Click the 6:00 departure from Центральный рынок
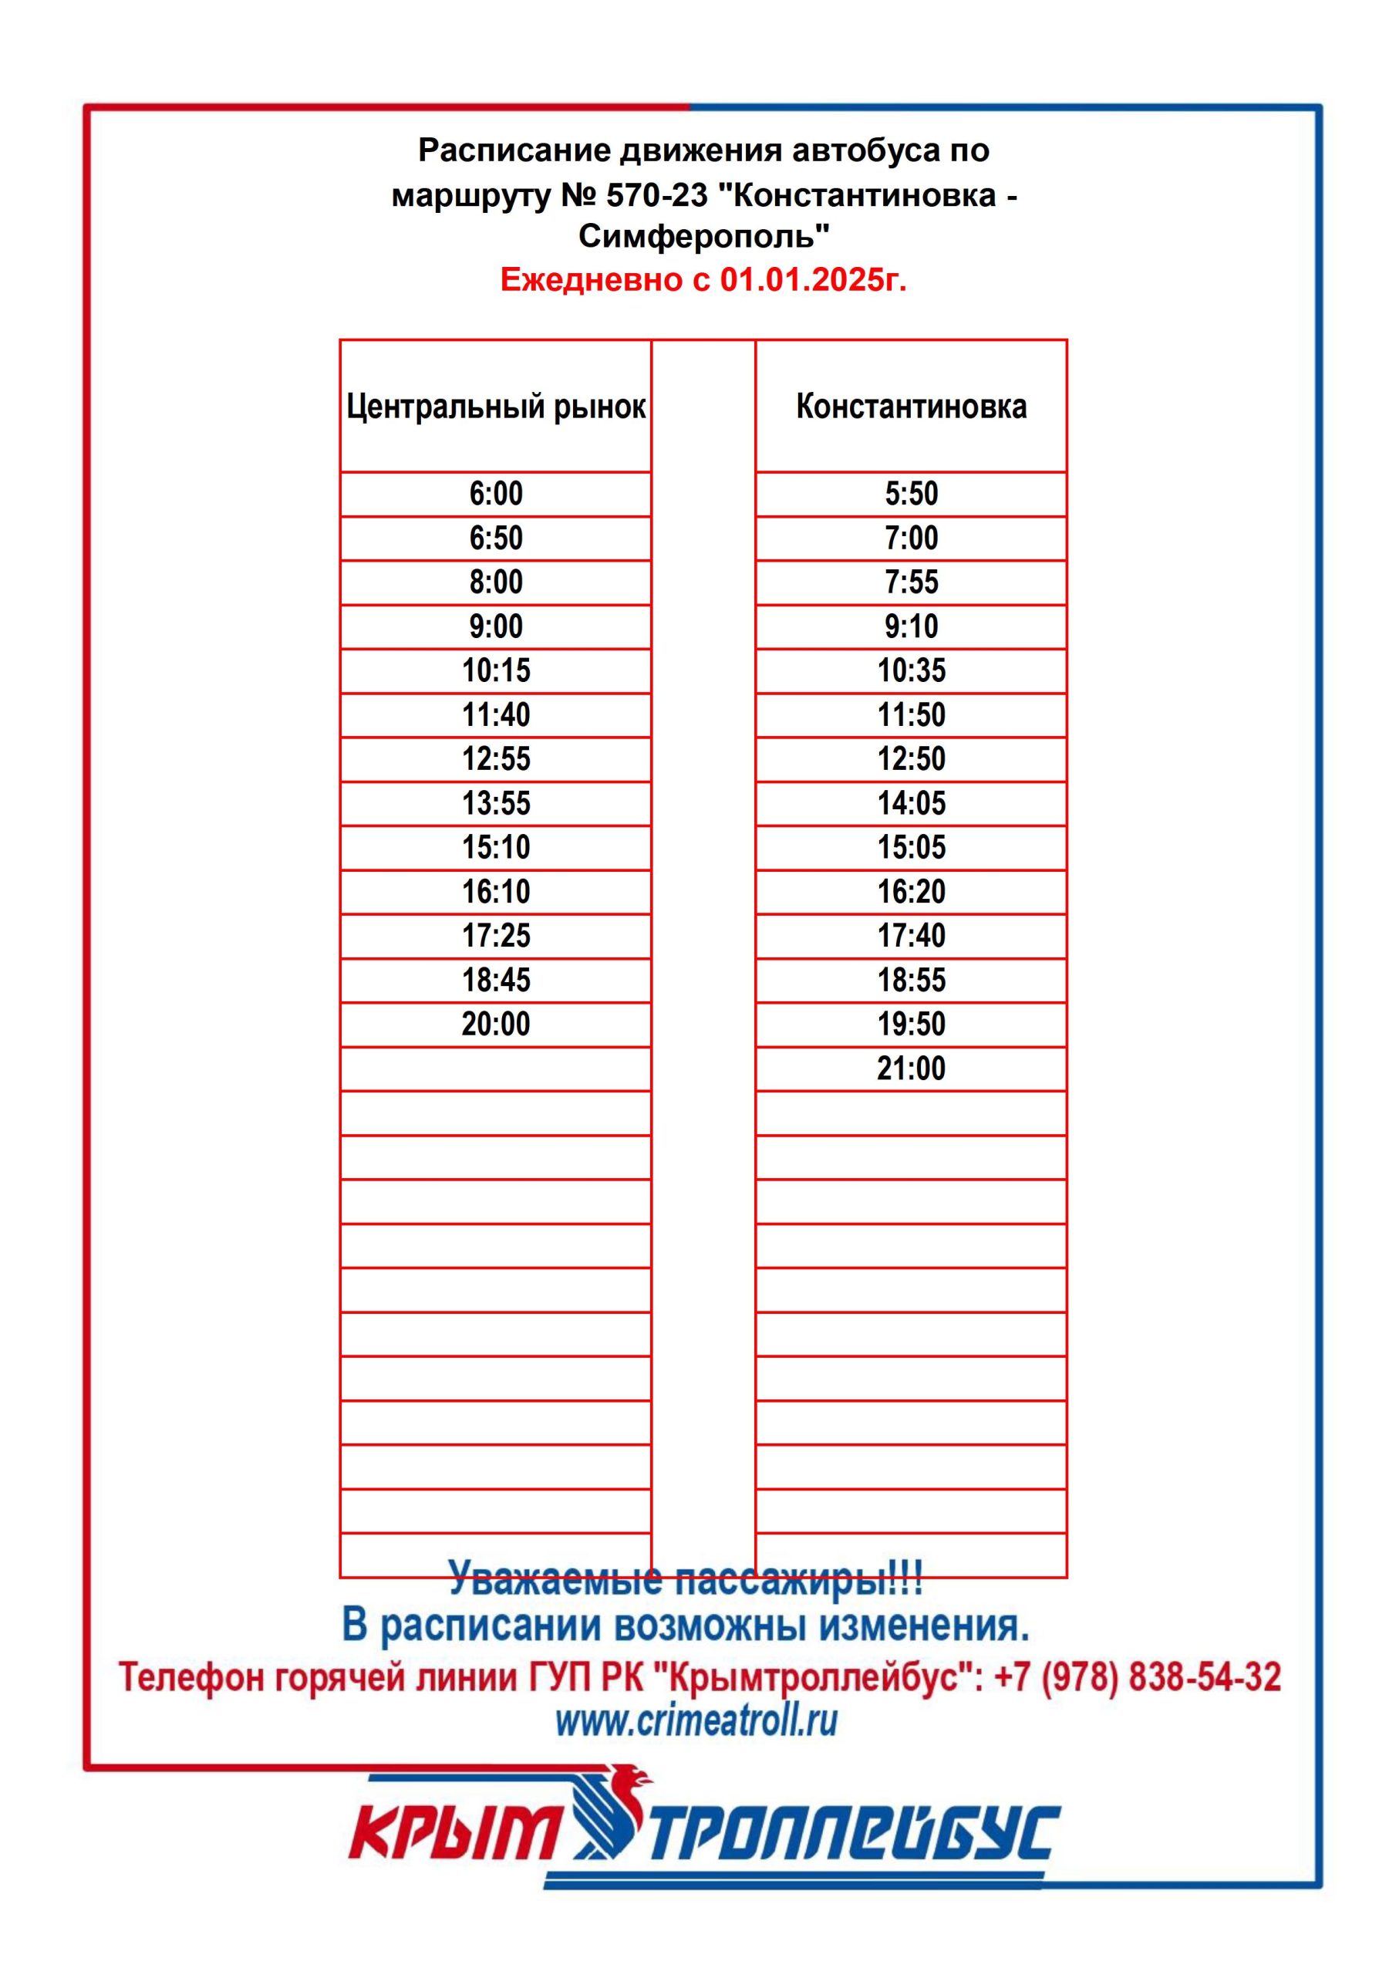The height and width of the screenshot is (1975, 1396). tap(495, 494)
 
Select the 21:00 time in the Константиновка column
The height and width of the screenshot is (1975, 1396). tap(911, 1069)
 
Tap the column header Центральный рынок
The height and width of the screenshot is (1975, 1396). tap(495, 406)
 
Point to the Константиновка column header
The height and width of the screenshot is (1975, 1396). tap(911, 406)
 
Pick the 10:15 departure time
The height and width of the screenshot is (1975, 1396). tap(495, 670)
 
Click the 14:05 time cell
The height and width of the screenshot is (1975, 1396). tap(911, 803)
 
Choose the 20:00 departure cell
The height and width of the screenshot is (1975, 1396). tap(495, 1024)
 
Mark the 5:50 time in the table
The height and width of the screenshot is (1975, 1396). tap(911, 494)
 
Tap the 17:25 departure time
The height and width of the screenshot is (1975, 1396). tap(495, 935)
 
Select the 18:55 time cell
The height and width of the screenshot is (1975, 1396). tap(911, 980)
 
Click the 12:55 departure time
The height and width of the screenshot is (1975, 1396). tap(495, 758)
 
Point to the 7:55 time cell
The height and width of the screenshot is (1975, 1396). tap(911, 582)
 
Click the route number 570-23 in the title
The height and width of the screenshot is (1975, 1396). tap(656, 195)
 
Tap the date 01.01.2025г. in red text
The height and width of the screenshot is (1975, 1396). tap(813, 279)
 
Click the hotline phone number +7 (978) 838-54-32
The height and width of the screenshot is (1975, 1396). tap(1137, 1677)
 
